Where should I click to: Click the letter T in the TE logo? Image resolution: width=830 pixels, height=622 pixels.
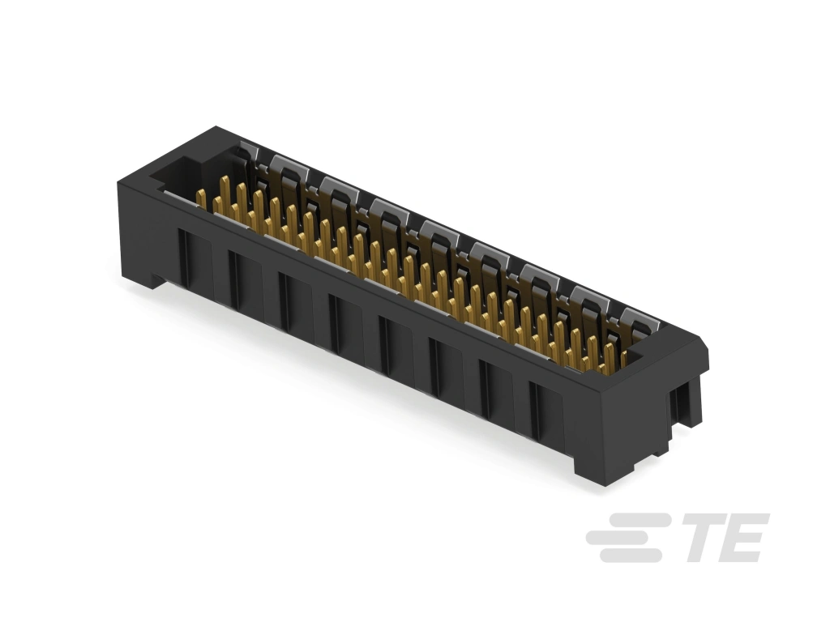click(x=704, y=538)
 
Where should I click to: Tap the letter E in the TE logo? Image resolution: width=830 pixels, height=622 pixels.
click(x=744, y=538)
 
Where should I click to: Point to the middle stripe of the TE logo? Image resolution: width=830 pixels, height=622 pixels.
click(x=625, y=538)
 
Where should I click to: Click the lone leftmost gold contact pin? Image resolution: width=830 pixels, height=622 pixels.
click(x=201, y=199)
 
